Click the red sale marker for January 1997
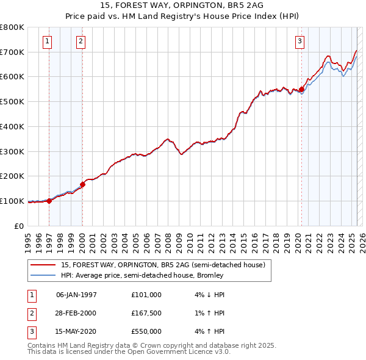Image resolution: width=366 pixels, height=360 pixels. [49, 200]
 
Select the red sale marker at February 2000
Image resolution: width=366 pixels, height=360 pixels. [82, 184]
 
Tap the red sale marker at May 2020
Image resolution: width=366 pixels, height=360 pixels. [301, 89]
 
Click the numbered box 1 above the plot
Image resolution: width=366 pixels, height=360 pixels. [48, 41]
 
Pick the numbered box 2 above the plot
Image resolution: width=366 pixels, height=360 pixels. [81, 41]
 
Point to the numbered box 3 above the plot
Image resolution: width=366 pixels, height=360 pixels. [300, 41]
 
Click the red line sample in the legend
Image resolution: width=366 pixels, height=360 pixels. [43, 265]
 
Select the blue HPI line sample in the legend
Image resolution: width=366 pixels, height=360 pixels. [43, 275]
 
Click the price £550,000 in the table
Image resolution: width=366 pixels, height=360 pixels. [146, 331]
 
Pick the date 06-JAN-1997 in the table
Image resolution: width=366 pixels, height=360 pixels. [76, 295]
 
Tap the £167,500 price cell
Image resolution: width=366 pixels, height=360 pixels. [146, 313]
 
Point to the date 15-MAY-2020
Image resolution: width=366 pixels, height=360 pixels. [76, 331]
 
